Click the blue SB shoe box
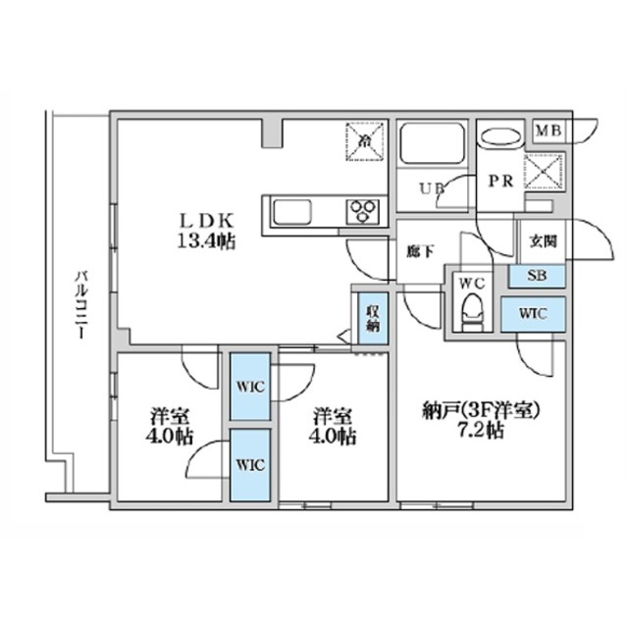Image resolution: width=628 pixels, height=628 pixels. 537,276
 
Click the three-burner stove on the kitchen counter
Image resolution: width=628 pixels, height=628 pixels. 360,211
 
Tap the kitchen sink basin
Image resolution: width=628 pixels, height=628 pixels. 291,212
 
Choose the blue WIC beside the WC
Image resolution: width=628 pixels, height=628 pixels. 533,314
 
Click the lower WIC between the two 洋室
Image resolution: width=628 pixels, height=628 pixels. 249,464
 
